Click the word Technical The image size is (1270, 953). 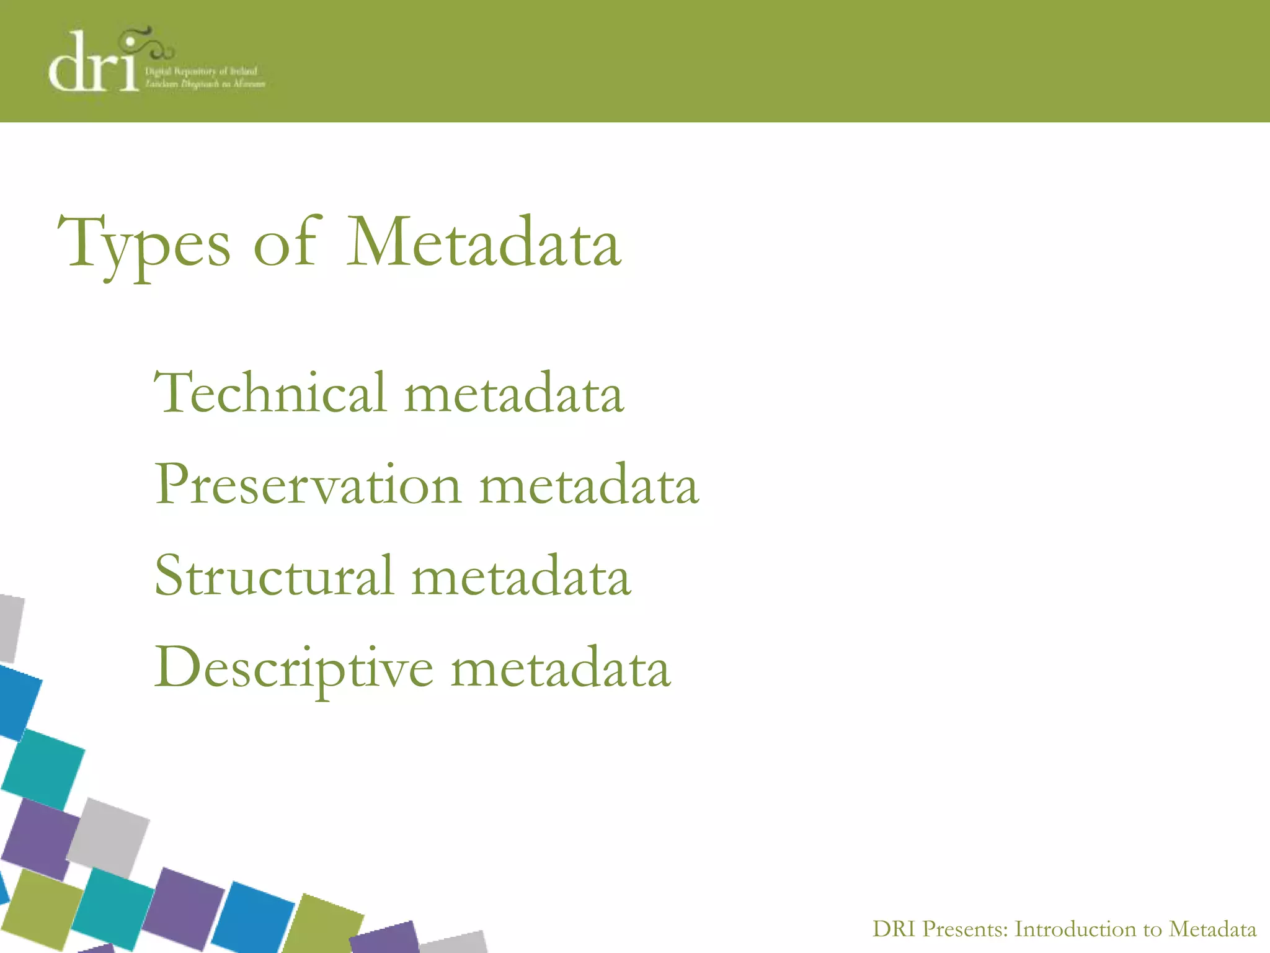click(x=270, y=392)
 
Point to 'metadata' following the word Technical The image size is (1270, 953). click(x=514, y=395)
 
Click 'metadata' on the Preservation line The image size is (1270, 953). click(x=589, y=486)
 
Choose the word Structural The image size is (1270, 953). click(x=273, y=575)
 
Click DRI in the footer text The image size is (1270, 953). click(x=894, y=929)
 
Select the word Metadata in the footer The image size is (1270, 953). click(x=1212, y=929)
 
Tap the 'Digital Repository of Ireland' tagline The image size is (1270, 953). click(x=201, y=71)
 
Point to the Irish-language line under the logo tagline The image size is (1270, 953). click(x=205, y=84)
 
